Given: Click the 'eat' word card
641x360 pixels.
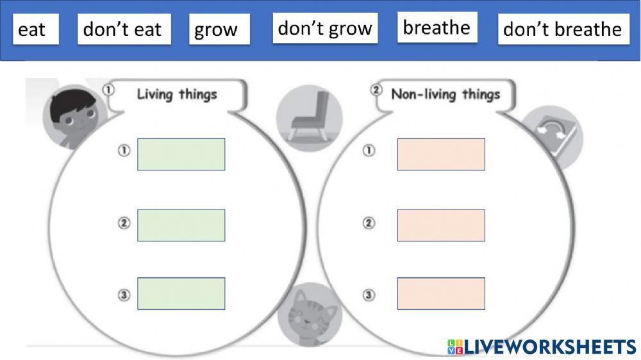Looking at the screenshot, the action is [x=36, y=29].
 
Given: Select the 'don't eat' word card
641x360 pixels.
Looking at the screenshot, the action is [x=124, y=29].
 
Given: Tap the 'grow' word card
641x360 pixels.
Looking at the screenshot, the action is [x=219, y=29].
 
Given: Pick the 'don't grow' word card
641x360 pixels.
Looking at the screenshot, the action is [x=326, y=28].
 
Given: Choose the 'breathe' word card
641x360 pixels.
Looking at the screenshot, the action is [x=437, y=27].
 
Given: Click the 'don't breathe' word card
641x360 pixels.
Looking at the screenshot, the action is [x=563, y=29].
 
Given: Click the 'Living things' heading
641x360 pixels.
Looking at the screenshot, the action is [x=177, y=94].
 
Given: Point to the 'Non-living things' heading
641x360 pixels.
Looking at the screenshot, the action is [x=445, y=94].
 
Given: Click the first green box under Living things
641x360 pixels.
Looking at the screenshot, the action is [x=181, y=154].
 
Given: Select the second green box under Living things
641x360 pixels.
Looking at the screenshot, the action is [x=181, y=225].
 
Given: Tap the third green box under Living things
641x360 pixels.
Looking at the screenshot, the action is [x=181, y=293].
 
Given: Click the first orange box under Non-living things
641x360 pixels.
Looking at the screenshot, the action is [x=441, y=154].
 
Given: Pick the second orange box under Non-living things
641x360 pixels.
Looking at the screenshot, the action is [x=441, y=225].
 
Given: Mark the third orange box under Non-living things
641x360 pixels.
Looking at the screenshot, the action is [x=441, y=293].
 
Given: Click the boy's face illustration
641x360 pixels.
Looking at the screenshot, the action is [x=74, y=117].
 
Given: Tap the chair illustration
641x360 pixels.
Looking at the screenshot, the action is [x=310, y=118].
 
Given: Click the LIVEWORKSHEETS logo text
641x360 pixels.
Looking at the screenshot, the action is [x=542, y=347].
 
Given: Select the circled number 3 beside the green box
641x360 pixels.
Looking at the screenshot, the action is [x=124, y=295].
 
